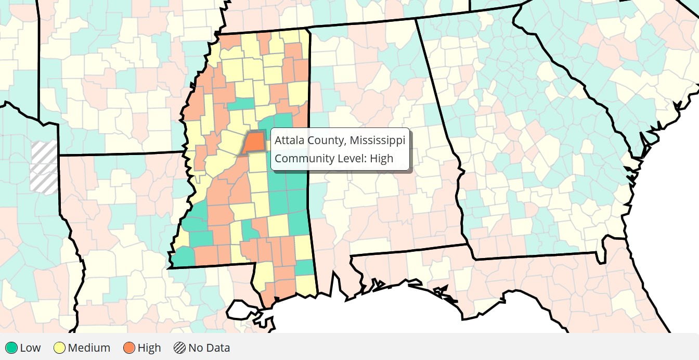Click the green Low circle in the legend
click(11, 348)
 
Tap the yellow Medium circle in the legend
click(59, 348)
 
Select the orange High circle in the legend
click(130, 348)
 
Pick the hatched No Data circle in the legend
click(180, 348)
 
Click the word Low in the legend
click(30, 348)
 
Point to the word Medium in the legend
click(89, 348)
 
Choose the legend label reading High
click(149, 348)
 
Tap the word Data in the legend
click(217, 348)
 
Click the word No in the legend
click(196, 348)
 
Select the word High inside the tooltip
click(382, 158)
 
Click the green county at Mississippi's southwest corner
click(183, 256)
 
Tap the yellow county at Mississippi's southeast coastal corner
click(307, 285)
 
